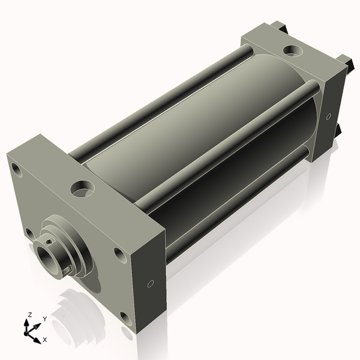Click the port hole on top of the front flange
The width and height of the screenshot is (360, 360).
(82, 188)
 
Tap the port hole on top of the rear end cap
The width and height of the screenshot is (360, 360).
(293, 51)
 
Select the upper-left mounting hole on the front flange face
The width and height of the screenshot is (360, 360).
(17, 170)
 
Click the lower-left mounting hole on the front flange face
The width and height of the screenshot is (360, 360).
(29, 233)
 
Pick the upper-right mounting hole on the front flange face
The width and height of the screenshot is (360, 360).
(121, 256)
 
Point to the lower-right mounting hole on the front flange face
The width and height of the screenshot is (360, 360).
(126, 319)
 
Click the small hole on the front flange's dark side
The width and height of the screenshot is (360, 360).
(151, 284)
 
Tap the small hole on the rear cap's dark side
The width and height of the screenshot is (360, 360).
(329, 116)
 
